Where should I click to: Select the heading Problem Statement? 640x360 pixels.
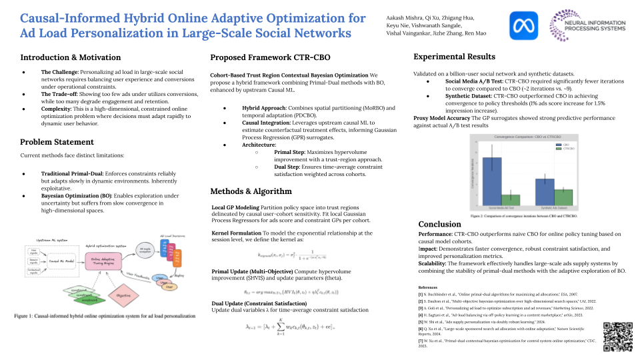pyautogui.click(x=58, y=142)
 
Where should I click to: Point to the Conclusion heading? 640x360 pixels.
pyautogui.click(x=440, y=224)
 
